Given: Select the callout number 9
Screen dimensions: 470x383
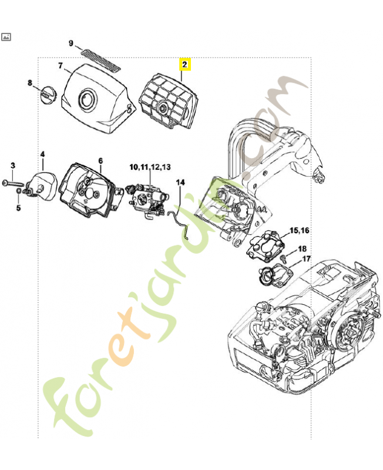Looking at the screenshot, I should point(71,43).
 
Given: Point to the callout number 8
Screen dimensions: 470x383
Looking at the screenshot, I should point(31,83).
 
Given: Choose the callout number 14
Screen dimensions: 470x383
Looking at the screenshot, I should point(180,183).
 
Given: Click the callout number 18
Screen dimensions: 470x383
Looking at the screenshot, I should point(303,249).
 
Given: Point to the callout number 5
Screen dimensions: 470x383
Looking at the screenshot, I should point(18,207).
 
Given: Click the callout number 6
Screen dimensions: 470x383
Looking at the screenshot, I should point(100,160).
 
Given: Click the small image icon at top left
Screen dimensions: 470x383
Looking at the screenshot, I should point(6,36).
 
